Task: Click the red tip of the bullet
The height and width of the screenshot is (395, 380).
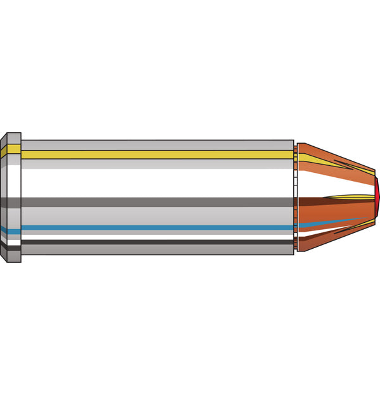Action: pos(377,197)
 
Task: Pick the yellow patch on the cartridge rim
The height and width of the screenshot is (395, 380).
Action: pos(13,150)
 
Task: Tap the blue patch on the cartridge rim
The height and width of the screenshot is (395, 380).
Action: pos(13,230)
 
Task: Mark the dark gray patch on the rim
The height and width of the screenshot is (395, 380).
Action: pos(13,203)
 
